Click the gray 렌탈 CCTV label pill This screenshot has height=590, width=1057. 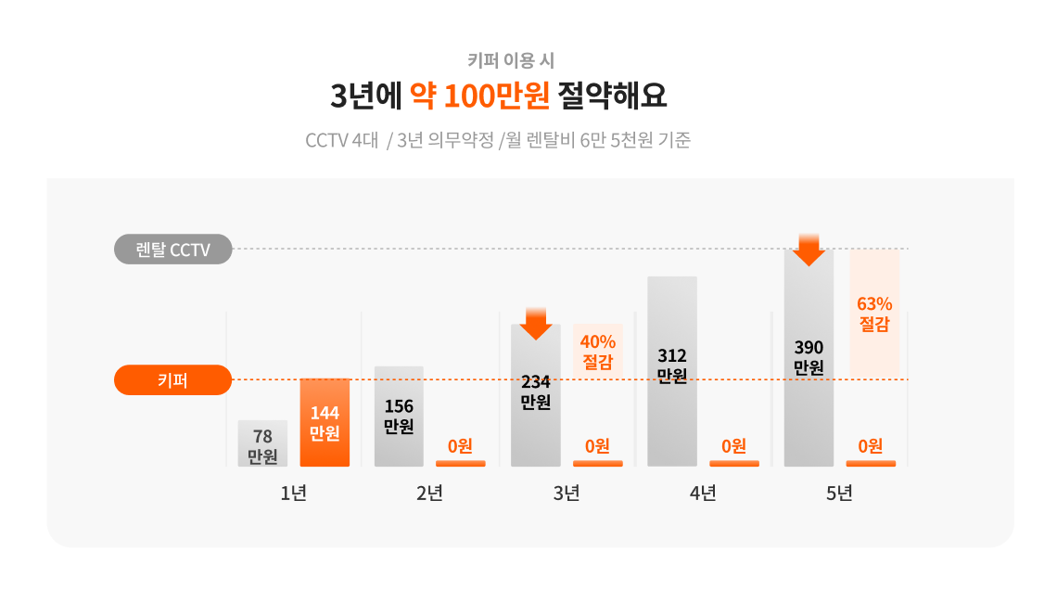pos(173,250)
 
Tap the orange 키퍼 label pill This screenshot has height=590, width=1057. pos(173,380)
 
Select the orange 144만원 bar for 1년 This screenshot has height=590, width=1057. pos(325,423)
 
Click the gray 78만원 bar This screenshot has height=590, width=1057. pos(263,443)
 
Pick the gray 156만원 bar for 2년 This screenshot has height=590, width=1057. pos(399,417)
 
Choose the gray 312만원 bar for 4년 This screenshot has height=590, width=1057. pos(672,371)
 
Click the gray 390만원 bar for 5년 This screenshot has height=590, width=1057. pos(809,358)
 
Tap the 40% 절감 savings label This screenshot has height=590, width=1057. pos(598,352)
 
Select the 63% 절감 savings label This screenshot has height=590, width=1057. pos(874,314)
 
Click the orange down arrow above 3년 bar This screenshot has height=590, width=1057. pos(536,324)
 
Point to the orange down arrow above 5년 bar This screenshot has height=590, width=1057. pos(809,250)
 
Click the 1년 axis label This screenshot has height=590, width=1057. pos(294,494)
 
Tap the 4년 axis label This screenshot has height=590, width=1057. pos(703,494)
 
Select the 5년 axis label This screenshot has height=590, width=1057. pos(839,494)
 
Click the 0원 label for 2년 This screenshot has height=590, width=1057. pos(461,445)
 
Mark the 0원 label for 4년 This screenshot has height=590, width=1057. pos(734,445)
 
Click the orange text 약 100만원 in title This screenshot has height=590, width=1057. pos(480,96)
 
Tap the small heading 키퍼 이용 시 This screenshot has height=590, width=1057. pos(511,60)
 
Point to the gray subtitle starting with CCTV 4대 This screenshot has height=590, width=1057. pos(498,140)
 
